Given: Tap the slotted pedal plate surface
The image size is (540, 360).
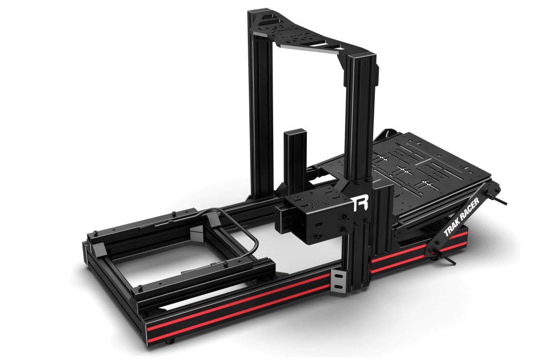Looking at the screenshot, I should (417, 163).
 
